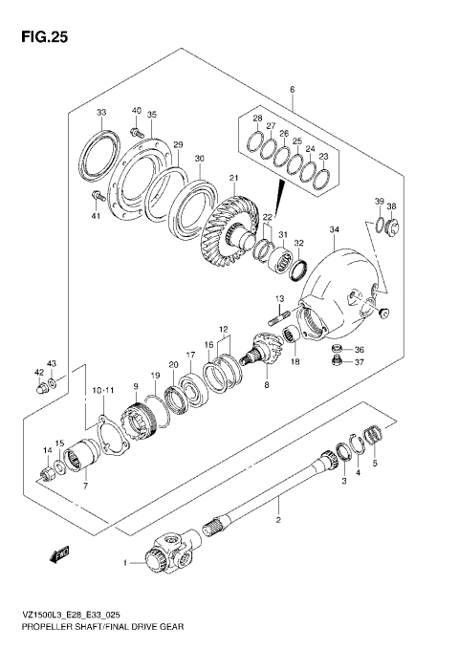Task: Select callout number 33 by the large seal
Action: point(100,113)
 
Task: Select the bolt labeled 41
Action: point(96,198)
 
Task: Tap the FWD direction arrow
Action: point(58,551)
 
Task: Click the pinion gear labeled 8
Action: point(265,353)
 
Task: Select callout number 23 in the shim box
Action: point(323,156)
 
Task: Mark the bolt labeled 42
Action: point(41,388)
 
